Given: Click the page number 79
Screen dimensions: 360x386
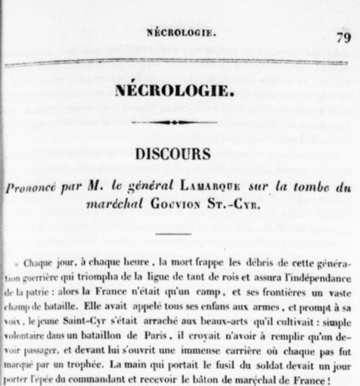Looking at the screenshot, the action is [x=338, y=36].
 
